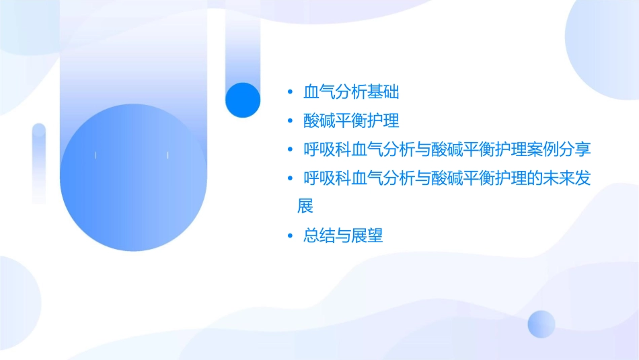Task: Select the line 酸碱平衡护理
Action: pos(351,120)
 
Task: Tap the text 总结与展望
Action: pos(343,236)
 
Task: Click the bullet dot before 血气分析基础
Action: pos(289,92)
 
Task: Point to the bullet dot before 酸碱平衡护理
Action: pos(289,121)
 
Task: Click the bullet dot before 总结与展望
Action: pos(289,236)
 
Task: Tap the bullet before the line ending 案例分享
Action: pos(289,149)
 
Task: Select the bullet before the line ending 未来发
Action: pos(289,178)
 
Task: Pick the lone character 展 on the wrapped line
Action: pos(305,206)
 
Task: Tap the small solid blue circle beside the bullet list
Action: pos(242,100)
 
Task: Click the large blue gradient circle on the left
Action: pos(133,177)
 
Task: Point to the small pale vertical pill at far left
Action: pos(39,164)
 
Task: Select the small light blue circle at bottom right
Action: pos(541,324)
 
